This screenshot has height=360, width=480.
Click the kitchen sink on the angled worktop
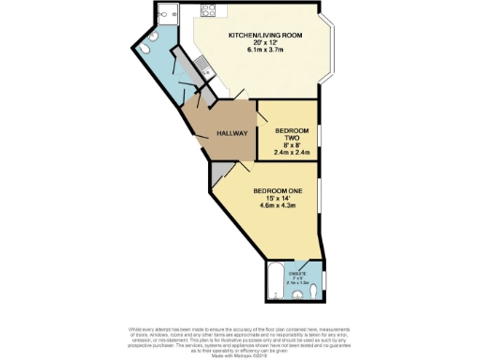point(202,65)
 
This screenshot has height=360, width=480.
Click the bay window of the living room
point(329,48)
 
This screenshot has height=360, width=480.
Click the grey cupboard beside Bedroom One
point(217,172)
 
